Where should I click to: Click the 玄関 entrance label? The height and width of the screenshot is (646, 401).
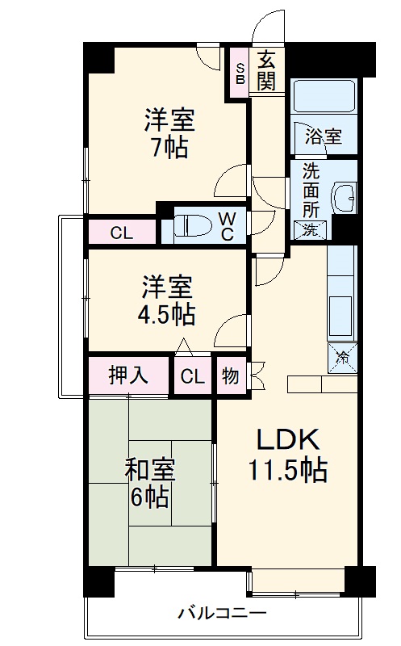coord(267,69)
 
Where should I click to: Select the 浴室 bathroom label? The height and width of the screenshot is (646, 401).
coord(323,136)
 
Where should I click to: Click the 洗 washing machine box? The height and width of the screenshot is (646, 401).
coord(311,229)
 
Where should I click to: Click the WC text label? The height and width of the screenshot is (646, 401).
coord(227,227)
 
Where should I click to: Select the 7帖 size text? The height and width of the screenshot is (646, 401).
coord(169,149)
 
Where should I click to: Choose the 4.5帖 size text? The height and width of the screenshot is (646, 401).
coord(166,313)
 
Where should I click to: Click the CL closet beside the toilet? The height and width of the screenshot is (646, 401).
coord(121,234)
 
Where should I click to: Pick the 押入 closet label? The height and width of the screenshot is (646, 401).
coord(129,375)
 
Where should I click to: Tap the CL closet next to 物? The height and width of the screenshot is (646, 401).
coord(192,375)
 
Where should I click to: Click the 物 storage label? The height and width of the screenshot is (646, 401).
coord(230,375)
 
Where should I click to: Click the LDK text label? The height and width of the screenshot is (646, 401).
coord(289,440)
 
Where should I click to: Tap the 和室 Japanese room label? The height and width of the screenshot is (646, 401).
coord(150,470)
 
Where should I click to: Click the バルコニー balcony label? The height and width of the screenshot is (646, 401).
coord(222,612)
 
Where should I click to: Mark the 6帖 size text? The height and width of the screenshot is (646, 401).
coord(150,497)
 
